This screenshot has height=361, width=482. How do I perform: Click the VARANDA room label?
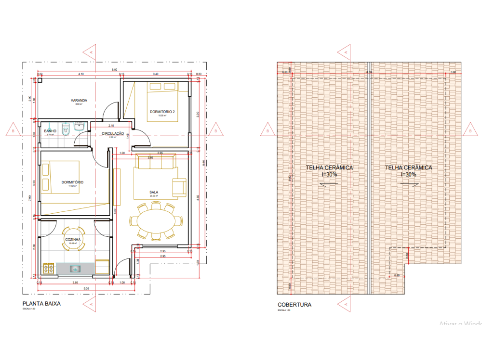(x=79, y=101)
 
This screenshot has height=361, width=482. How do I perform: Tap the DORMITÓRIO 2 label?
(x=162, y=112)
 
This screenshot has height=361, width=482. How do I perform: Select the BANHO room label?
(x=50, y=131)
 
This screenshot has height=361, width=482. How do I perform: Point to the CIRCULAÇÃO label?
(x=113, y=133)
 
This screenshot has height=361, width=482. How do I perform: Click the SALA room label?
(x=154, y=192)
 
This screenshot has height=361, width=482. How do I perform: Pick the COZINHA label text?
(x=73, y=239)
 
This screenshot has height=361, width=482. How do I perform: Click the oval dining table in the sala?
(x=154, y=221)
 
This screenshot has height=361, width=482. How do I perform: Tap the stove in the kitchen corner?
(x=49, y=268)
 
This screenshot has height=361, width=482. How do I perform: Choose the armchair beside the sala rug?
(x=180, y=187)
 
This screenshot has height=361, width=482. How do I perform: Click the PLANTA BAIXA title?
(x=41, y=304)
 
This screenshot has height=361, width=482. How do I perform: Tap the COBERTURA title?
(x=294, y=305)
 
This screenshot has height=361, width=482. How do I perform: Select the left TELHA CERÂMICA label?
(x=329, y=168)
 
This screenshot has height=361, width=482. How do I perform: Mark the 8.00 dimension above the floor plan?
(x=114, y=70)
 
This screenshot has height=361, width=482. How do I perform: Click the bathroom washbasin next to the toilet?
(x=79, y=128)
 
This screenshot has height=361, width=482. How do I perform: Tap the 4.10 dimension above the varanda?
(x=80, y=74)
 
